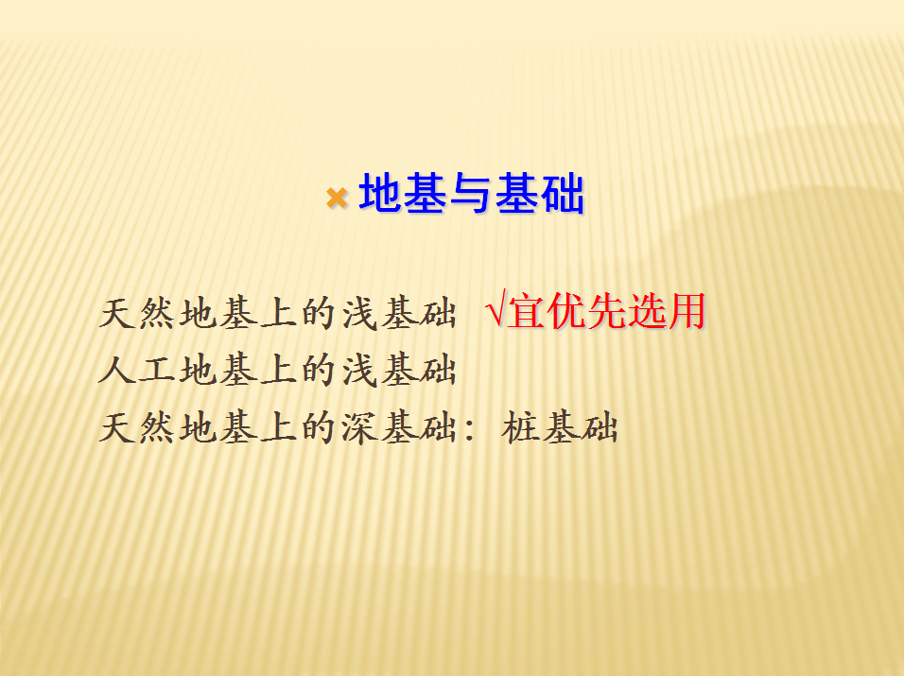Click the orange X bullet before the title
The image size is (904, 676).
[337, 198]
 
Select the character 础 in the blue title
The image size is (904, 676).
[562, 193]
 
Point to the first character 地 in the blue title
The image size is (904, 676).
[380, 193]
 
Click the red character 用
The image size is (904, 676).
[687, 311]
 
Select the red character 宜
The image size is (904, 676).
[526, 311]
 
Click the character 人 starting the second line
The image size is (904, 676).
[118, 370]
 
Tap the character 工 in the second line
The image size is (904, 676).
[158, 370]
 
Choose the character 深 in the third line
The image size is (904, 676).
[359, 427]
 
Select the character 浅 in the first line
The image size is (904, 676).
[359, 314]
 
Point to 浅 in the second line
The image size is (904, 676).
[359, 370]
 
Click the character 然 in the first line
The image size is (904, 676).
[158, 314]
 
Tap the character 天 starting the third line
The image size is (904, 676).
[118, 427]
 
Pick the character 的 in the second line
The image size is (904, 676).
[320, 370]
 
